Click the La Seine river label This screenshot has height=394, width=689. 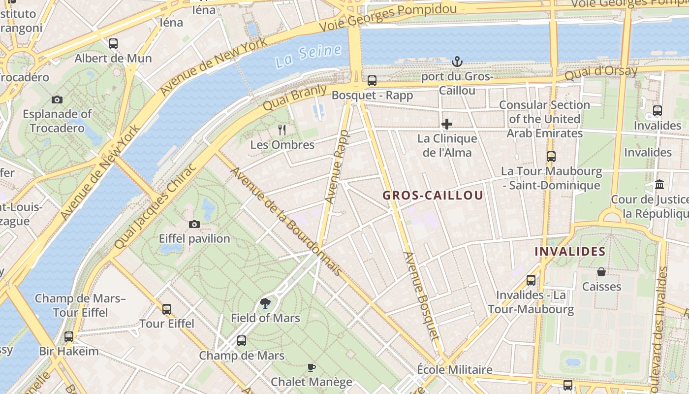click(308, 56)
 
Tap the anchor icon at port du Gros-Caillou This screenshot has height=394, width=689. click(457, 62)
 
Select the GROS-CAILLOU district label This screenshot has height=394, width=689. click(433, 195)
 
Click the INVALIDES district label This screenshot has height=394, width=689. click(570, 251)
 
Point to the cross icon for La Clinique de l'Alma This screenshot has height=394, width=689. click(447, 124)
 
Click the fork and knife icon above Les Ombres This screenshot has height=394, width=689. click(282, 130)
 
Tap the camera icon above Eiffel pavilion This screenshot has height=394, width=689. click(194, 225)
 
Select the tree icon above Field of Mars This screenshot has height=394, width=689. click(265, 303)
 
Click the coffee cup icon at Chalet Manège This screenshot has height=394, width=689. click(311, 367)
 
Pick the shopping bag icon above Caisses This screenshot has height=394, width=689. click(601, 272)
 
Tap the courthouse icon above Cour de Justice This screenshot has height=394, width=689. click(659, 185)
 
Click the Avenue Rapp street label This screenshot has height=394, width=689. click(337, 166)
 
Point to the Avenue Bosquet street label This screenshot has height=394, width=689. click(421, 295)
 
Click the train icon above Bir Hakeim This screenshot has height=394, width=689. click(69, 337)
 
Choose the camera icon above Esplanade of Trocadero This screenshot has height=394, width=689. click(57, 99)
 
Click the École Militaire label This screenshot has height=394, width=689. click(454, 369)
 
